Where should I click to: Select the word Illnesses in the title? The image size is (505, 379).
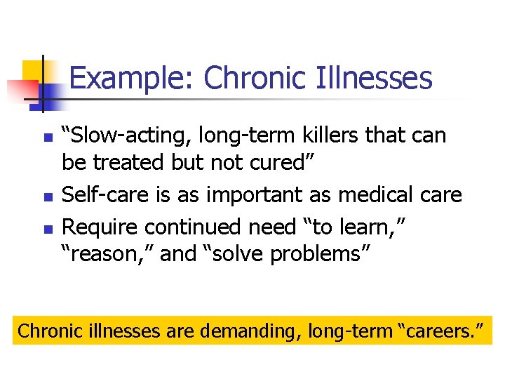384,79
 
